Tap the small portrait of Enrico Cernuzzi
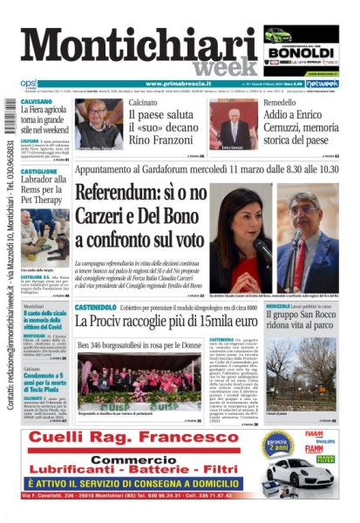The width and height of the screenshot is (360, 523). click(x=231, y=126)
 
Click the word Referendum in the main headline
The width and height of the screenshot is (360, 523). click(x=120, y=194)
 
